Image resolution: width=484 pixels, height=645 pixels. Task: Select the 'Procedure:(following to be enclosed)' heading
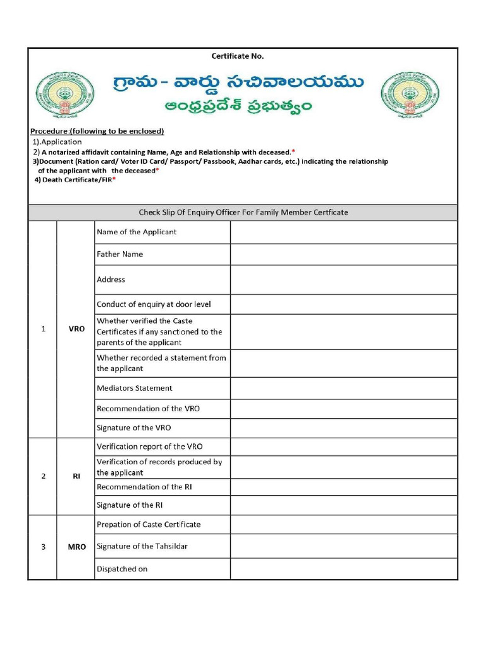click(x=97, y=131)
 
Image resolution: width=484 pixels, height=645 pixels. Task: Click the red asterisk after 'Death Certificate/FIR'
click(x=114, y=180)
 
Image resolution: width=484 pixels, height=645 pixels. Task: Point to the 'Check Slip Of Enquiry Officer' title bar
click(x=243, y=212)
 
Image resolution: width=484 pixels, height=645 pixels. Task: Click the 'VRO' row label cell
click(x=76, y=329)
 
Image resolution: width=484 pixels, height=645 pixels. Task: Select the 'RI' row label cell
click(x=76, y=476)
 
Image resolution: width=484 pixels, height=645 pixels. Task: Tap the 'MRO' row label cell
click(x=76, y=547)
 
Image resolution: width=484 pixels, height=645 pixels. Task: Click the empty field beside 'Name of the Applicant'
click(x=343, y=232)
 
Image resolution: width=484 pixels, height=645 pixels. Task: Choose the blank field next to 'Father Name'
click(x=343, y=254)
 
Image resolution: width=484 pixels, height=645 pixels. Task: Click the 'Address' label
click(x=111, y=280)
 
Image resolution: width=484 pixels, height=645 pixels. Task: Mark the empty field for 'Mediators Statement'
click(x=343, y=388)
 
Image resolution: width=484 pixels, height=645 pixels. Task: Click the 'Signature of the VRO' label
click(x=134, y=428)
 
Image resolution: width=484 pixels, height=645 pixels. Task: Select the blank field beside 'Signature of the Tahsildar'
click(x=343, y=546)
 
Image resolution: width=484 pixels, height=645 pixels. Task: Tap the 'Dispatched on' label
click(x=122, y=569)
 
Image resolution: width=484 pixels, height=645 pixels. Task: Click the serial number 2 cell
click(x=43, y=476)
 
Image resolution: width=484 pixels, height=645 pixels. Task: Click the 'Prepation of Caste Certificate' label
click(x=149, y=524)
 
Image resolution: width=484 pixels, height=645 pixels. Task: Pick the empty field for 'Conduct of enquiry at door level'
click(x=343, y=304)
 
